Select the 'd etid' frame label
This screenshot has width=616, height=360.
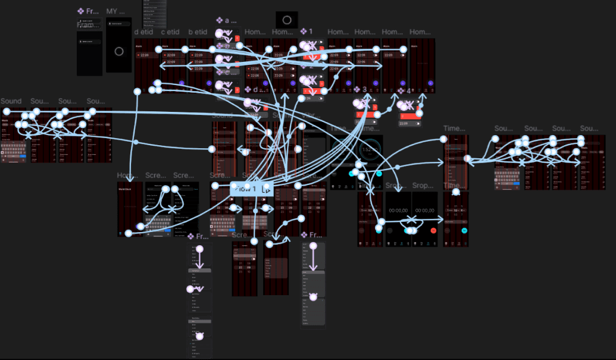pos(144,32)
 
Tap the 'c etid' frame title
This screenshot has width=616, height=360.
pos(170,32)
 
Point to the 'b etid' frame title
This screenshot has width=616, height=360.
pos(198,32)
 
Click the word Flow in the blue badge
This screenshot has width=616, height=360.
pos(244,189)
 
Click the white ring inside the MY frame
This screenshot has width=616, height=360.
pos(119,51)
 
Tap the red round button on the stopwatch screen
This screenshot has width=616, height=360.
pos(433,230)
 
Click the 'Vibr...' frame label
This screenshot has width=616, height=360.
pos(309,115)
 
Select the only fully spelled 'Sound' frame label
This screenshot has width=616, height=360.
pos(11,101)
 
